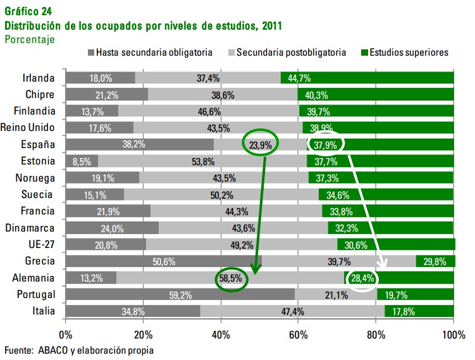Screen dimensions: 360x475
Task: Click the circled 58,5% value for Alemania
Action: coord(232,278)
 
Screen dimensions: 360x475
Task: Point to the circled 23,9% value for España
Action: coord(260,145)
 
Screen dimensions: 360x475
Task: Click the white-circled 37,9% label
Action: coord(324,145)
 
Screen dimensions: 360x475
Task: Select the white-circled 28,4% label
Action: coord(364,278)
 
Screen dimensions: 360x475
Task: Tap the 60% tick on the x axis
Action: coord(298,333)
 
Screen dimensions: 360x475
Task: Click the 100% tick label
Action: coord(453,333)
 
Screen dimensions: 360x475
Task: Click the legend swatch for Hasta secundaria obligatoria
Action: coord(91,53)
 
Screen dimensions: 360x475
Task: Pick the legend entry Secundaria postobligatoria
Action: coord(291,53)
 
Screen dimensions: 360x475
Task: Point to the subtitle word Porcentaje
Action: coord(29,39)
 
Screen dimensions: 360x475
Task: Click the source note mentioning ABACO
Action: coord(79,349)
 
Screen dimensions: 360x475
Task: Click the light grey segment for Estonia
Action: coord(202,161)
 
